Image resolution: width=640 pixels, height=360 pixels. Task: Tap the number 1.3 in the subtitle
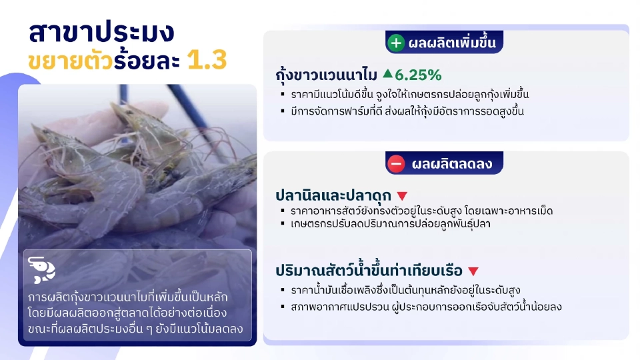pyautogui.click(x=207, y=61)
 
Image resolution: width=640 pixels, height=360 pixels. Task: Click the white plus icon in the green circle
pyautogui.click(x=396, y=43)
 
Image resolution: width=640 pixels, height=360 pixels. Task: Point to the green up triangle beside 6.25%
pyautogui.click(x=387, y=74)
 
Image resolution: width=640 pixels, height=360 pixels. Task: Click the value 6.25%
pyautogui.click(x=418, y=75)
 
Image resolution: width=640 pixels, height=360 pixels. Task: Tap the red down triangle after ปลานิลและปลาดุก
pyautogui.click(x=402, y=196)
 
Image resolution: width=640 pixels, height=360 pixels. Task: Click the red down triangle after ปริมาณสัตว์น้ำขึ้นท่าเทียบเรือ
pyautogui.click(x=473, y=271)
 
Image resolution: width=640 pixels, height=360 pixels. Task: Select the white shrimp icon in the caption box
pyautogui.click(x=42, y=269)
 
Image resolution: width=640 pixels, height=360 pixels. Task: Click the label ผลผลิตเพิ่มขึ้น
pyautogui.click(x=452, y=43)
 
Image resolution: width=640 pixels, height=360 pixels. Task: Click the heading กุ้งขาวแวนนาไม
pyautogui.click(x=327, y=75)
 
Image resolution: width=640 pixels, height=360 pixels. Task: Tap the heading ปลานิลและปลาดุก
pyautogui.click(x=333, y=196)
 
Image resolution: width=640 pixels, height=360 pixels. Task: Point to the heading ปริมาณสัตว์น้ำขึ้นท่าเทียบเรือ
pyautogui.click(x=369, y=271)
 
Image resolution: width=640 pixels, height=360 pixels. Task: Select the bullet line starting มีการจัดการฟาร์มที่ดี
pyautogui.click(x=407, y=111)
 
